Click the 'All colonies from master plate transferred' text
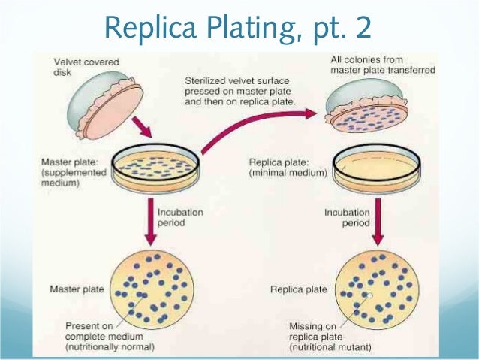(375, 65)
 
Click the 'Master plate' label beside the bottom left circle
(74, 288)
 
